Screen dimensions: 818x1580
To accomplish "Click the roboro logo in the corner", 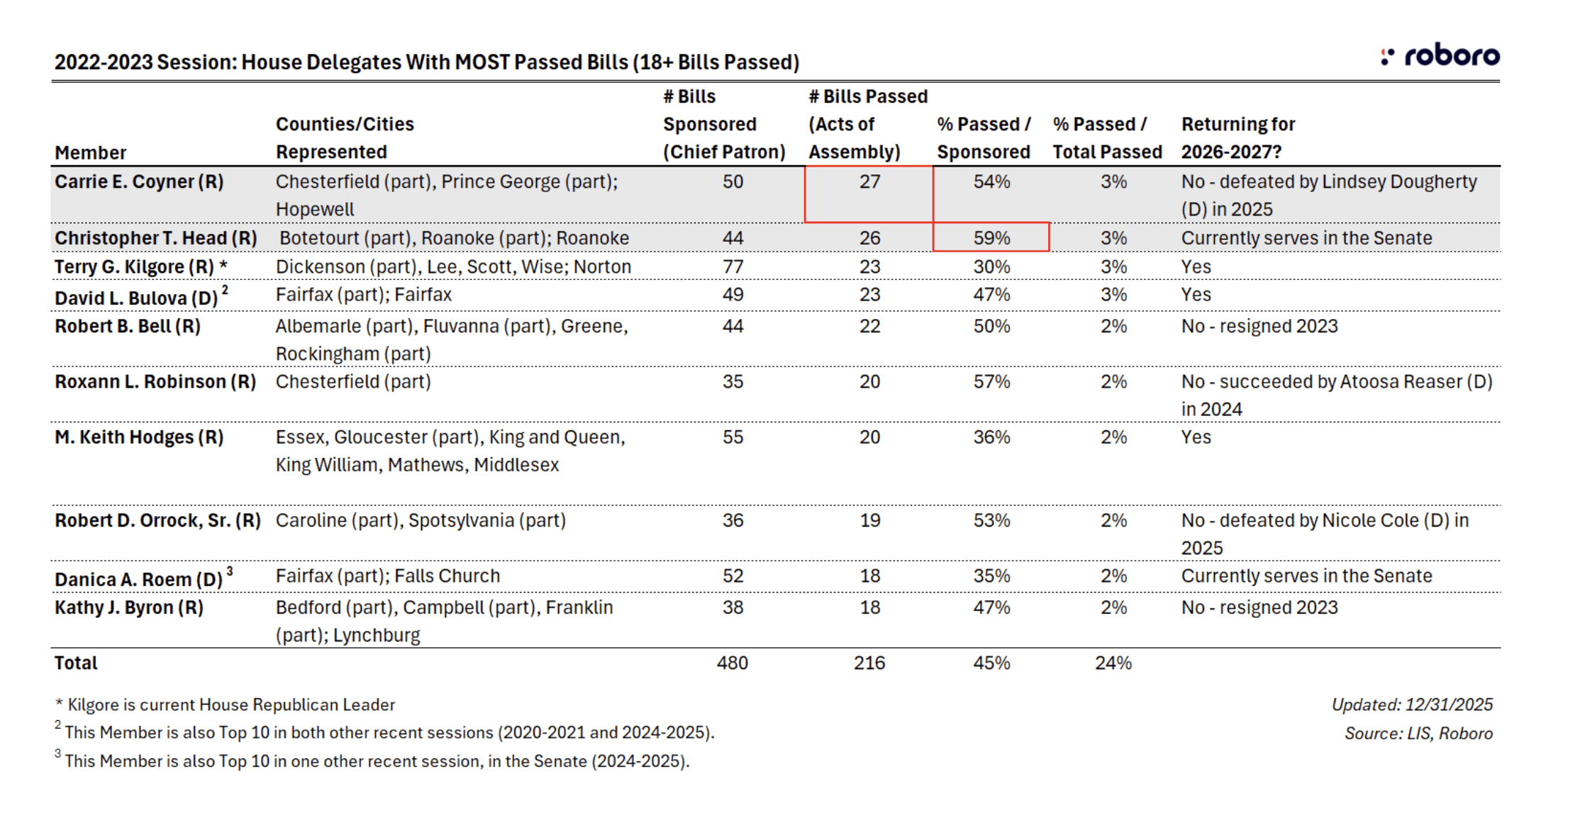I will coord(1440,56).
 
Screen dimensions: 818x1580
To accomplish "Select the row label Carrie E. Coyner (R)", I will coord(139,182).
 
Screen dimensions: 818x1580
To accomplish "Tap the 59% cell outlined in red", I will coord(991,238).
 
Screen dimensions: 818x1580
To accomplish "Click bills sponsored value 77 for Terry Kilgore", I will coord(733,267).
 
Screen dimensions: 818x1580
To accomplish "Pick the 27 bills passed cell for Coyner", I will coord(869,182).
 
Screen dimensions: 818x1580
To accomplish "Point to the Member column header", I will coord(90,153).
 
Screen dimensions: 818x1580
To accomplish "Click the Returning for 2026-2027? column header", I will coord(1237,138).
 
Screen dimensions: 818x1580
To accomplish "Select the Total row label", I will coord(76,663).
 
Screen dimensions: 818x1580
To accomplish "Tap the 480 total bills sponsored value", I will coord(732,663).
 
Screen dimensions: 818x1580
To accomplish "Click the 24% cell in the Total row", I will coord(1113,663).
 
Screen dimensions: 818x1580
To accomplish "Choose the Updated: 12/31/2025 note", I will coord(1411,705).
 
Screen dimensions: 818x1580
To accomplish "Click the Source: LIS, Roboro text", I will coord(1418,734).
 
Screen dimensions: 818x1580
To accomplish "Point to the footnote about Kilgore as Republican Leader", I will coord(225,705).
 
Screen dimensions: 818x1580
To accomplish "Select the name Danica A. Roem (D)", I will coord(139,580).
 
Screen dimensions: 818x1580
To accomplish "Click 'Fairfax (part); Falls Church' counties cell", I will coord(387,576).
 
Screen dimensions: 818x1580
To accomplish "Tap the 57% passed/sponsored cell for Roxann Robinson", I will coord(991,382).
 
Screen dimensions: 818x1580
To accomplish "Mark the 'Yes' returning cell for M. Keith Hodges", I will coord(1196,437).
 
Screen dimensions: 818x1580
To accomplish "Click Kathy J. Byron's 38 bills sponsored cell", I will coord(733,608).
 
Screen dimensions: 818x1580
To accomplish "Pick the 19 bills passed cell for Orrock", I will coord(869,521).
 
